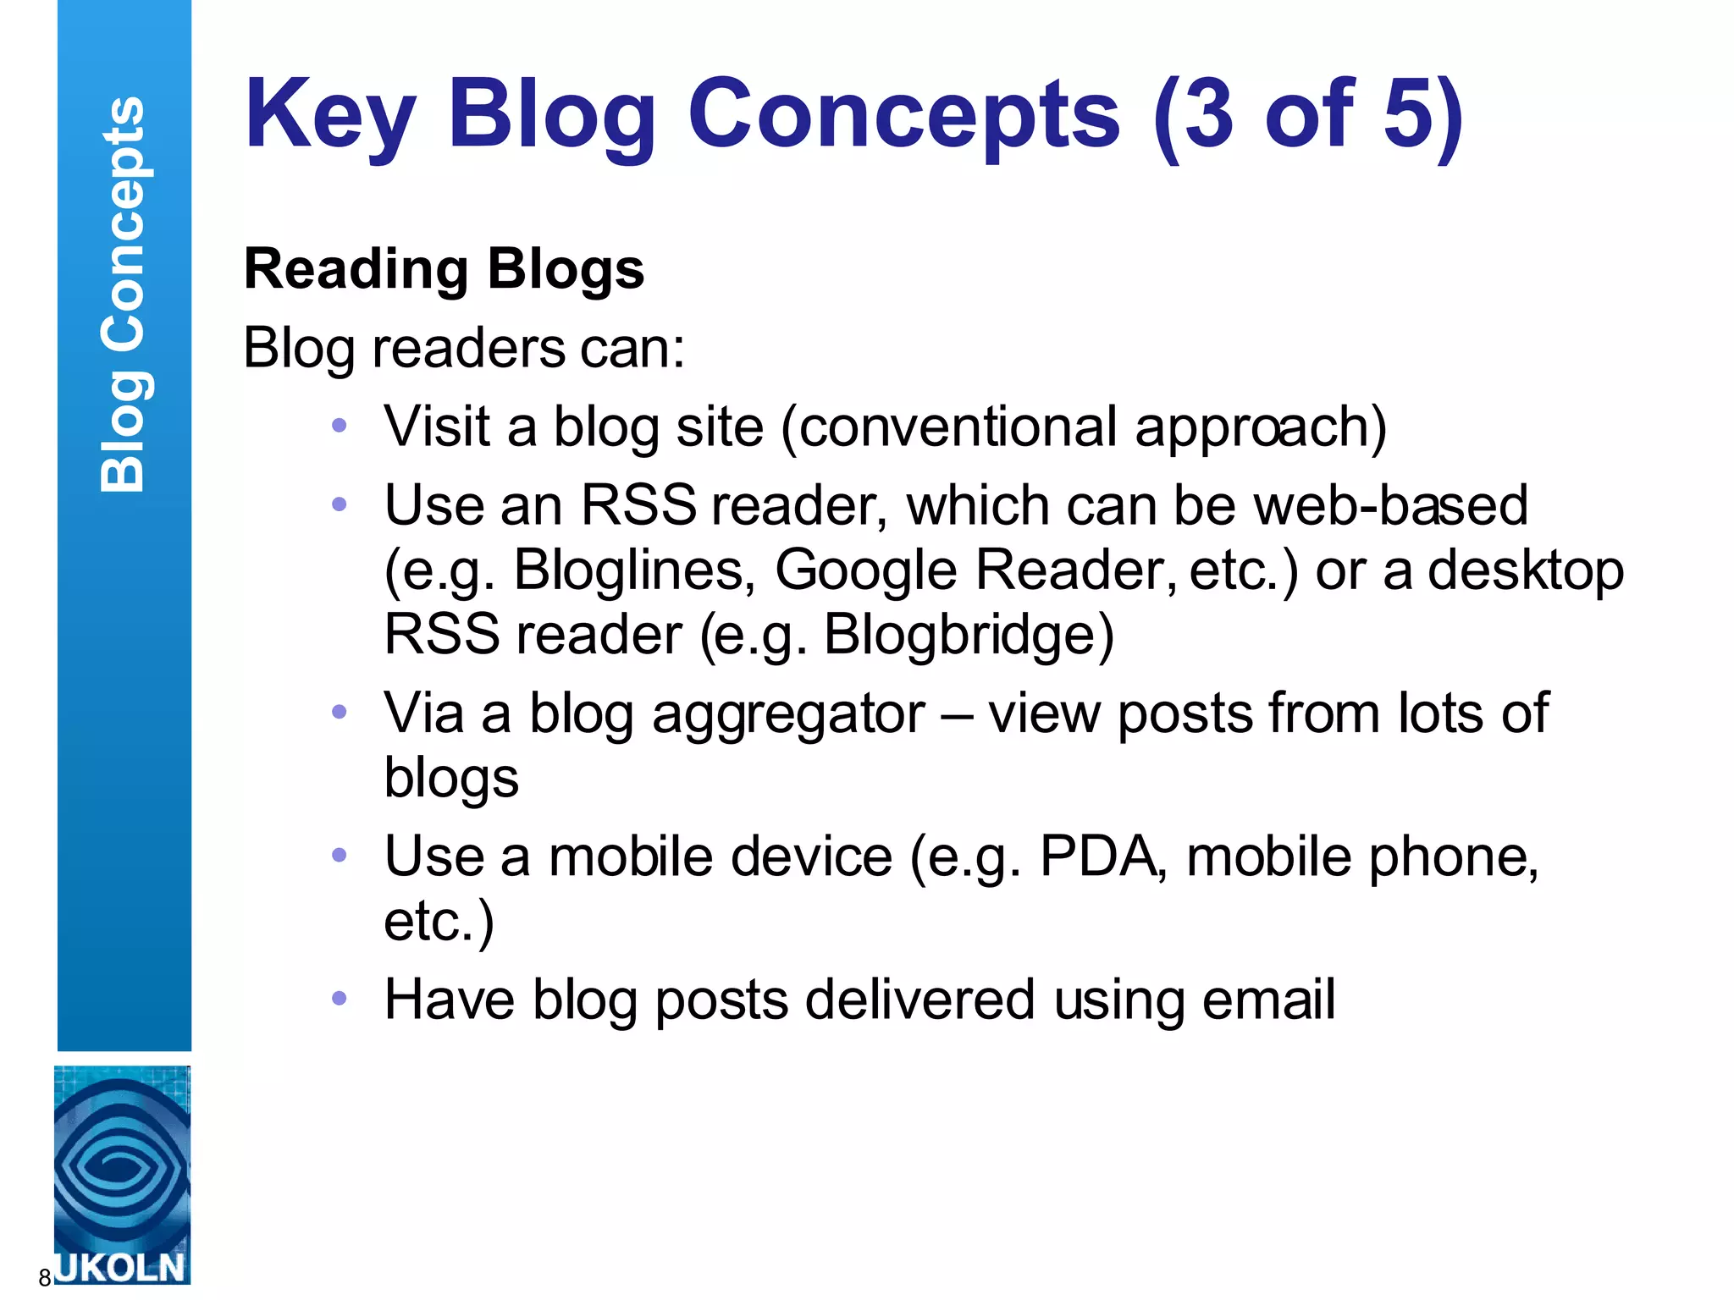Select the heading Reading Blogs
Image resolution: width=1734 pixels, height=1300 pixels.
pyautogui.click(x=444, y=269)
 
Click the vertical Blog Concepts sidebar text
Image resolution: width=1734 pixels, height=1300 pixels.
pyautogui.click(x=124, y=295)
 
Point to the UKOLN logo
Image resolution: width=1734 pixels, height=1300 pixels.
pyautogui.click(x=122, y=1174)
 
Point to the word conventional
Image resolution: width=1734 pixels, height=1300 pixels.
pyautogui.click(x=958, y=427)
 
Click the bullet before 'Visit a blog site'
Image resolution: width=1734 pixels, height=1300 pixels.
pyautogui.click(x=340, y=426)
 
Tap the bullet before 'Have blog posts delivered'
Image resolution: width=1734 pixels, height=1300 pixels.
pyautogui.click(x=340, y=999)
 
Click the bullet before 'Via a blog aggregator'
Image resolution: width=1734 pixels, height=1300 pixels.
pyautogui.click(x=340, y=712)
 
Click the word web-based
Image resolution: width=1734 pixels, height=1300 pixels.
pyautogui.click(x=1390, y=506)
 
